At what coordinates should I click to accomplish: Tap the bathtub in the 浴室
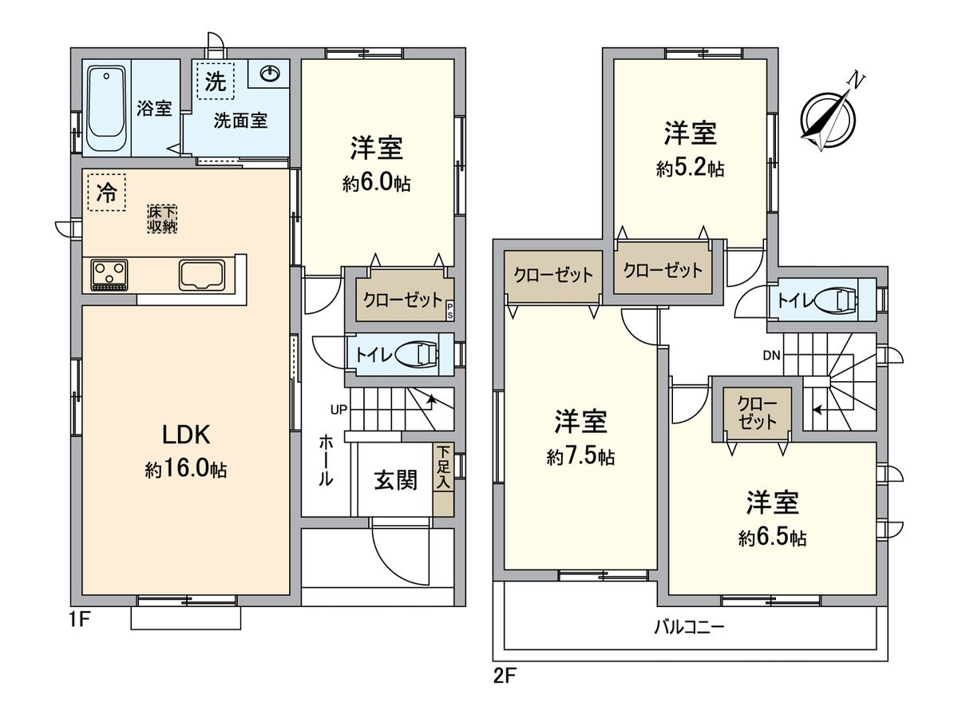[107, 109]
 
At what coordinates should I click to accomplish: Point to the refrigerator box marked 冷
[106, 193]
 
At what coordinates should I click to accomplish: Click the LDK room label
[185, 435]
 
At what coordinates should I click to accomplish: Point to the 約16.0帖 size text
[185, 470]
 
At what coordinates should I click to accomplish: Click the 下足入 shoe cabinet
[443, 469]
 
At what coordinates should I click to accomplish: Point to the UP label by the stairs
[338, 411]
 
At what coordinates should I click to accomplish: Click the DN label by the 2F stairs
[771, 355]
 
